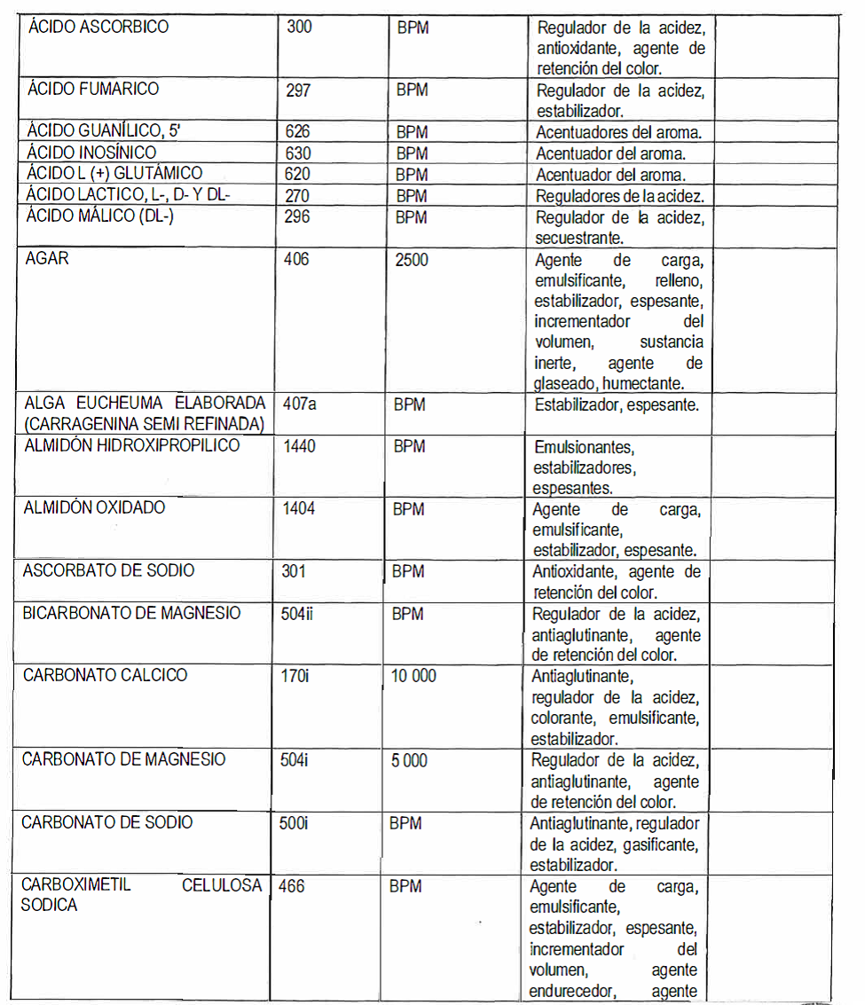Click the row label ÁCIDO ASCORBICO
98,27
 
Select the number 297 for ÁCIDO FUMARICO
298,90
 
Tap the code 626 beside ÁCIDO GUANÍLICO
298,132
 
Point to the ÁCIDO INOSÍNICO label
91,153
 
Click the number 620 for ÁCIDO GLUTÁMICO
298,174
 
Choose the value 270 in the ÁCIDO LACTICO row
298,195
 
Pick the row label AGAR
48,259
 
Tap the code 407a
299,404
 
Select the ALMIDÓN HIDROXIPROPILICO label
131,445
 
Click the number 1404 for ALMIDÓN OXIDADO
298,509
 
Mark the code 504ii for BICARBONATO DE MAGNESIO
296,614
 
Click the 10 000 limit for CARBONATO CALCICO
413,676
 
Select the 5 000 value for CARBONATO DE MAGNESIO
409,760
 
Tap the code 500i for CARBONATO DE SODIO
293,823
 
